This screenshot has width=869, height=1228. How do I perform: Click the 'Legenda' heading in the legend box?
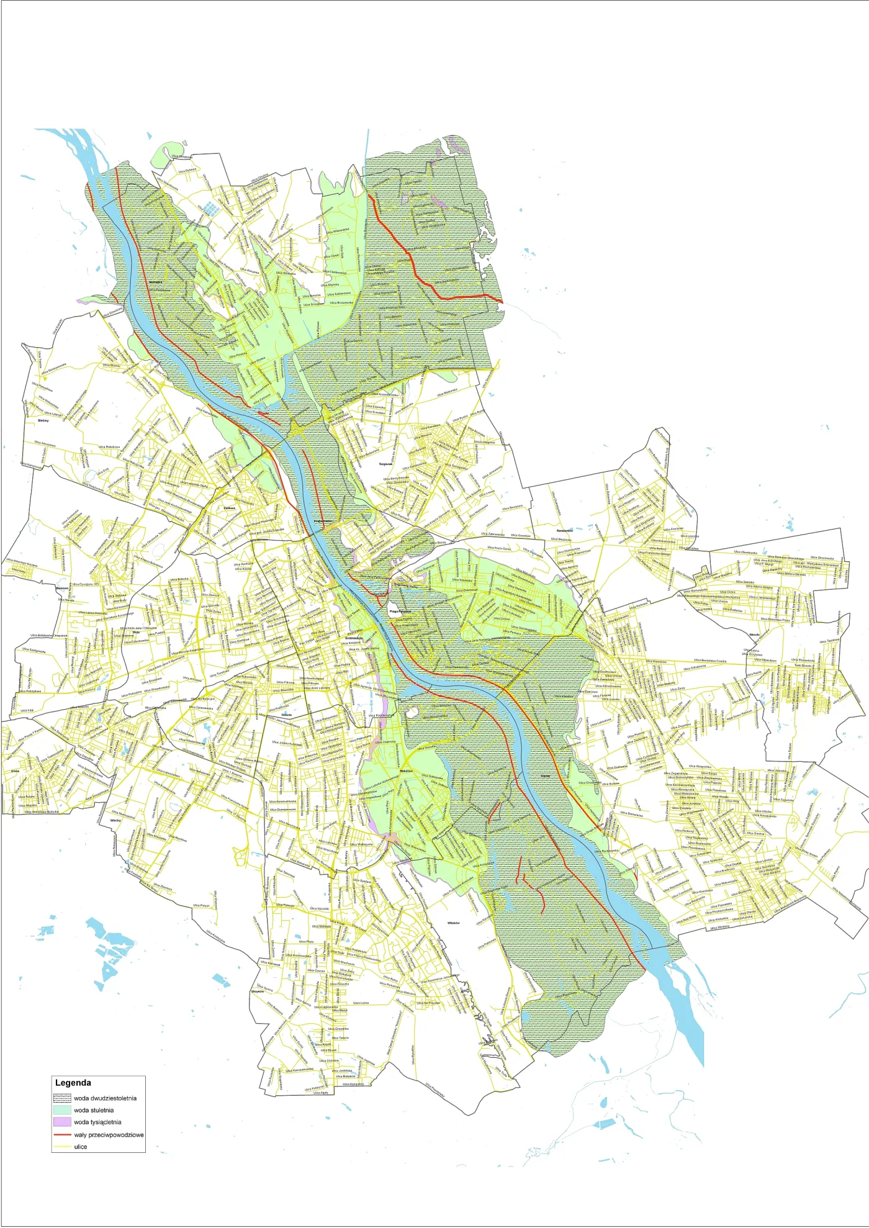tap(73, 1083)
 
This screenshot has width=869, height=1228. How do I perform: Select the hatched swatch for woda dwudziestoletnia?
tap(63, 1098)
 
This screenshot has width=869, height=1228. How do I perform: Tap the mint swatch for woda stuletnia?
tap(63, 1110)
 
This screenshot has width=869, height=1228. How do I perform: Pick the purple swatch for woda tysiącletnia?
tap(63, 1122)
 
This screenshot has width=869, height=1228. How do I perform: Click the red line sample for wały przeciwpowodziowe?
tap(63, 1134)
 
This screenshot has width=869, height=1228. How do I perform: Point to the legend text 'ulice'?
tap(81, 1147)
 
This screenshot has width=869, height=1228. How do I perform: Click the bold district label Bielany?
tap(43, 420)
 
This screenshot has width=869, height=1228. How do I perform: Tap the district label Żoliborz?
tap(229, 508)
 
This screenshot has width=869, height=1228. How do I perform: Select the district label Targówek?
tap(385, 464)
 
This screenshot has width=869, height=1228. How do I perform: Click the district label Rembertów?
tap(565, 531)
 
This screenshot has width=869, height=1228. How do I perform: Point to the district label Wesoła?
tap(754, 635)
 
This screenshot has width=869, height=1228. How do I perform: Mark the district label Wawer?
tap(546, 776)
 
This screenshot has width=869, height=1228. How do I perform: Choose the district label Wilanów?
tap(454, 923)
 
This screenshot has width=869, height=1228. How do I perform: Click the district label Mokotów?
tap(407, 770)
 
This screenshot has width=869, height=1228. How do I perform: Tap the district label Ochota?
tap(286, 715)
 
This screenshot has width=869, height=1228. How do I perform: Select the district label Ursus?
tap(15, 770)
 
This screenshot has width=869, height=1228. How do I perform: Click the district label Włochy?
tap(115, 820)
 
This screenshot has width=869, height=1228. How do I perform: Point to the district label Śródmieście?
tap(354, 638)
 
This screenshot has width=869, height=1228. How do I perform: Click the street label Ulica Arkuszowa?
tap(45, 444)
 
